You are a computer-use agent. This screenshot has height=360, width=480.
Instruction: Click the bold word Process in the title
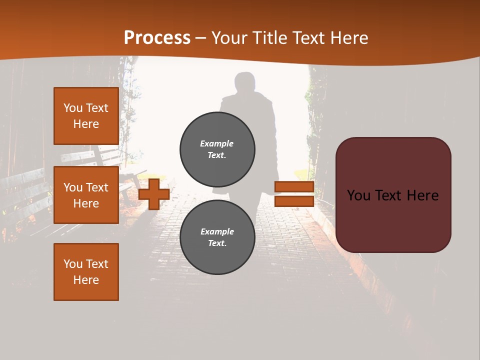(157, 38)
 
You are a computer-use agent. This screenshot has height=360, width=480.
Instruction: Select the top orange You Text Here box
(86, 116)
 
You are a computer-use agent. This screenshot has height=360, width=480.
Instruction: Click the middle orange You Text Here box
(86, 195)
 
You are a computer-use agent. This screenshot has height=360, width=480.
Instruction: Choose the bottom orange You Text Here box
(86, 272)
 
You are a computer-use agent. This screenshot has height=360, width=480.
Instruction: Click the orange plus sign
(154, 194)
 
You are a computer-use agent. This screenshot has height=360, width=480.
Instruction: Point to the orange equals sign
(294, 194)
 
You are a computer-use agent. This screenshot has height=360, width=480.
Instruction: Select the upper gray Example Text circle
(217, 149)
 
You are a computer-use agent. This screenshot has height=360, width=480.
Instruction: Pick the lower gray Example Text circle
(217, 237)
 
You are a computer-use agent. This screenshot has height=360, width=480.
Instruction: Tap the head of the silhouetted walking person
(245, 83)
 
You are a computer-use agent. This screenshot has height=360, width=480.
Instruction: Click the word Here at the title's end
(349, 38)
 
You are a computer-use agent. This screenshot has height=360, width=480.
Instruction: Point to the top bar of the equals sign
(294, 187)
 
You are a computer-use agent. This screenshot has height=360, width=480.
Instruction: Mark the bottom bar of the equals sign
(294, 201)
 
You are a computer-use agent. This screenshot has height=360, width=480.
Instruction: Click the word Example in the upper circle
(216, 143)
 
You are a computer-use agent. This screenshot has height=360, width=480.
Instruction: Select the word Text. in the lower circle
(217, 243)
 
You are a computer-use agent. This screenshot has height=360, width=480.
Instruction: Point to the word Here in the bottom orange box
(86, 280)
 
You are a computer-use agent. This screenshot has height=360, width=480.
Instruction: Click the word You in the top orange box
(73, 108)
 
